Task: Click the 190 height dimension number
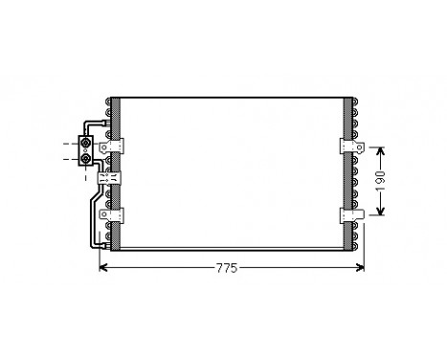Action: pyautogui.click(x=380, y=182)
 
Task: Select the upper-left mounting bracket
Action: pyautogui.click(x=120, y=146)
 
